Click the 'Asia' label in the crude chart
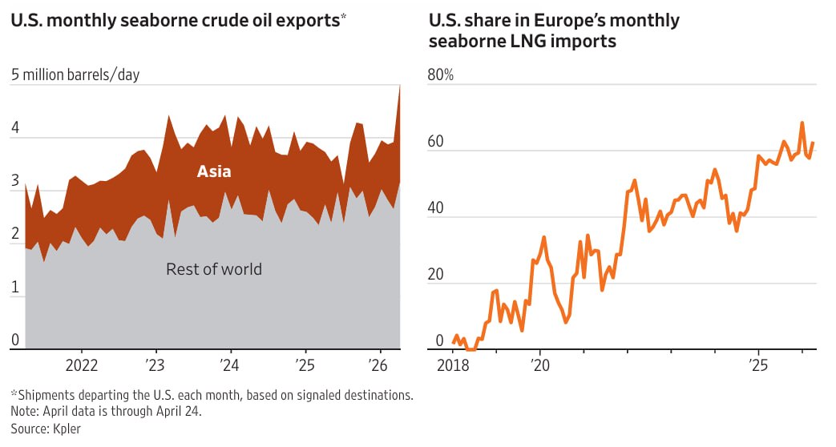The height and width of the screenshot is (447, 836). coord(214,171)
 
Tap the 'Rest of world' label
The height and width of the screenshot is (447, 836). coord(213,269)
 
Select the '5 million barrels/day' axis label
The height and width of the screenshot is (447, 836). coord(75,75)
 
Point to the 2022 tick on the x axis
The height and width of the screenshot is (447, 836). coord(81,365)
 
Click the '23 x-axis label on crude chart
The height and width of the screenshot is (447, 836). coord(156,365)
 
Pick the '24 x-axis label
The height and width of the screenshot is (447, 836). coord(231,365)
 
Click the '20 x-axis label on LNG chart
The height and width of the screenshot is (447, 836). coord(540,365)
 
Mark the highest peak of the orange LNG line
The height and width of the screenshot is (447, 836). coord(802,123)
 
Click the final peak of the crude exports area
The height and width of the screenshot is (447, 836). coord(399,86)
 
